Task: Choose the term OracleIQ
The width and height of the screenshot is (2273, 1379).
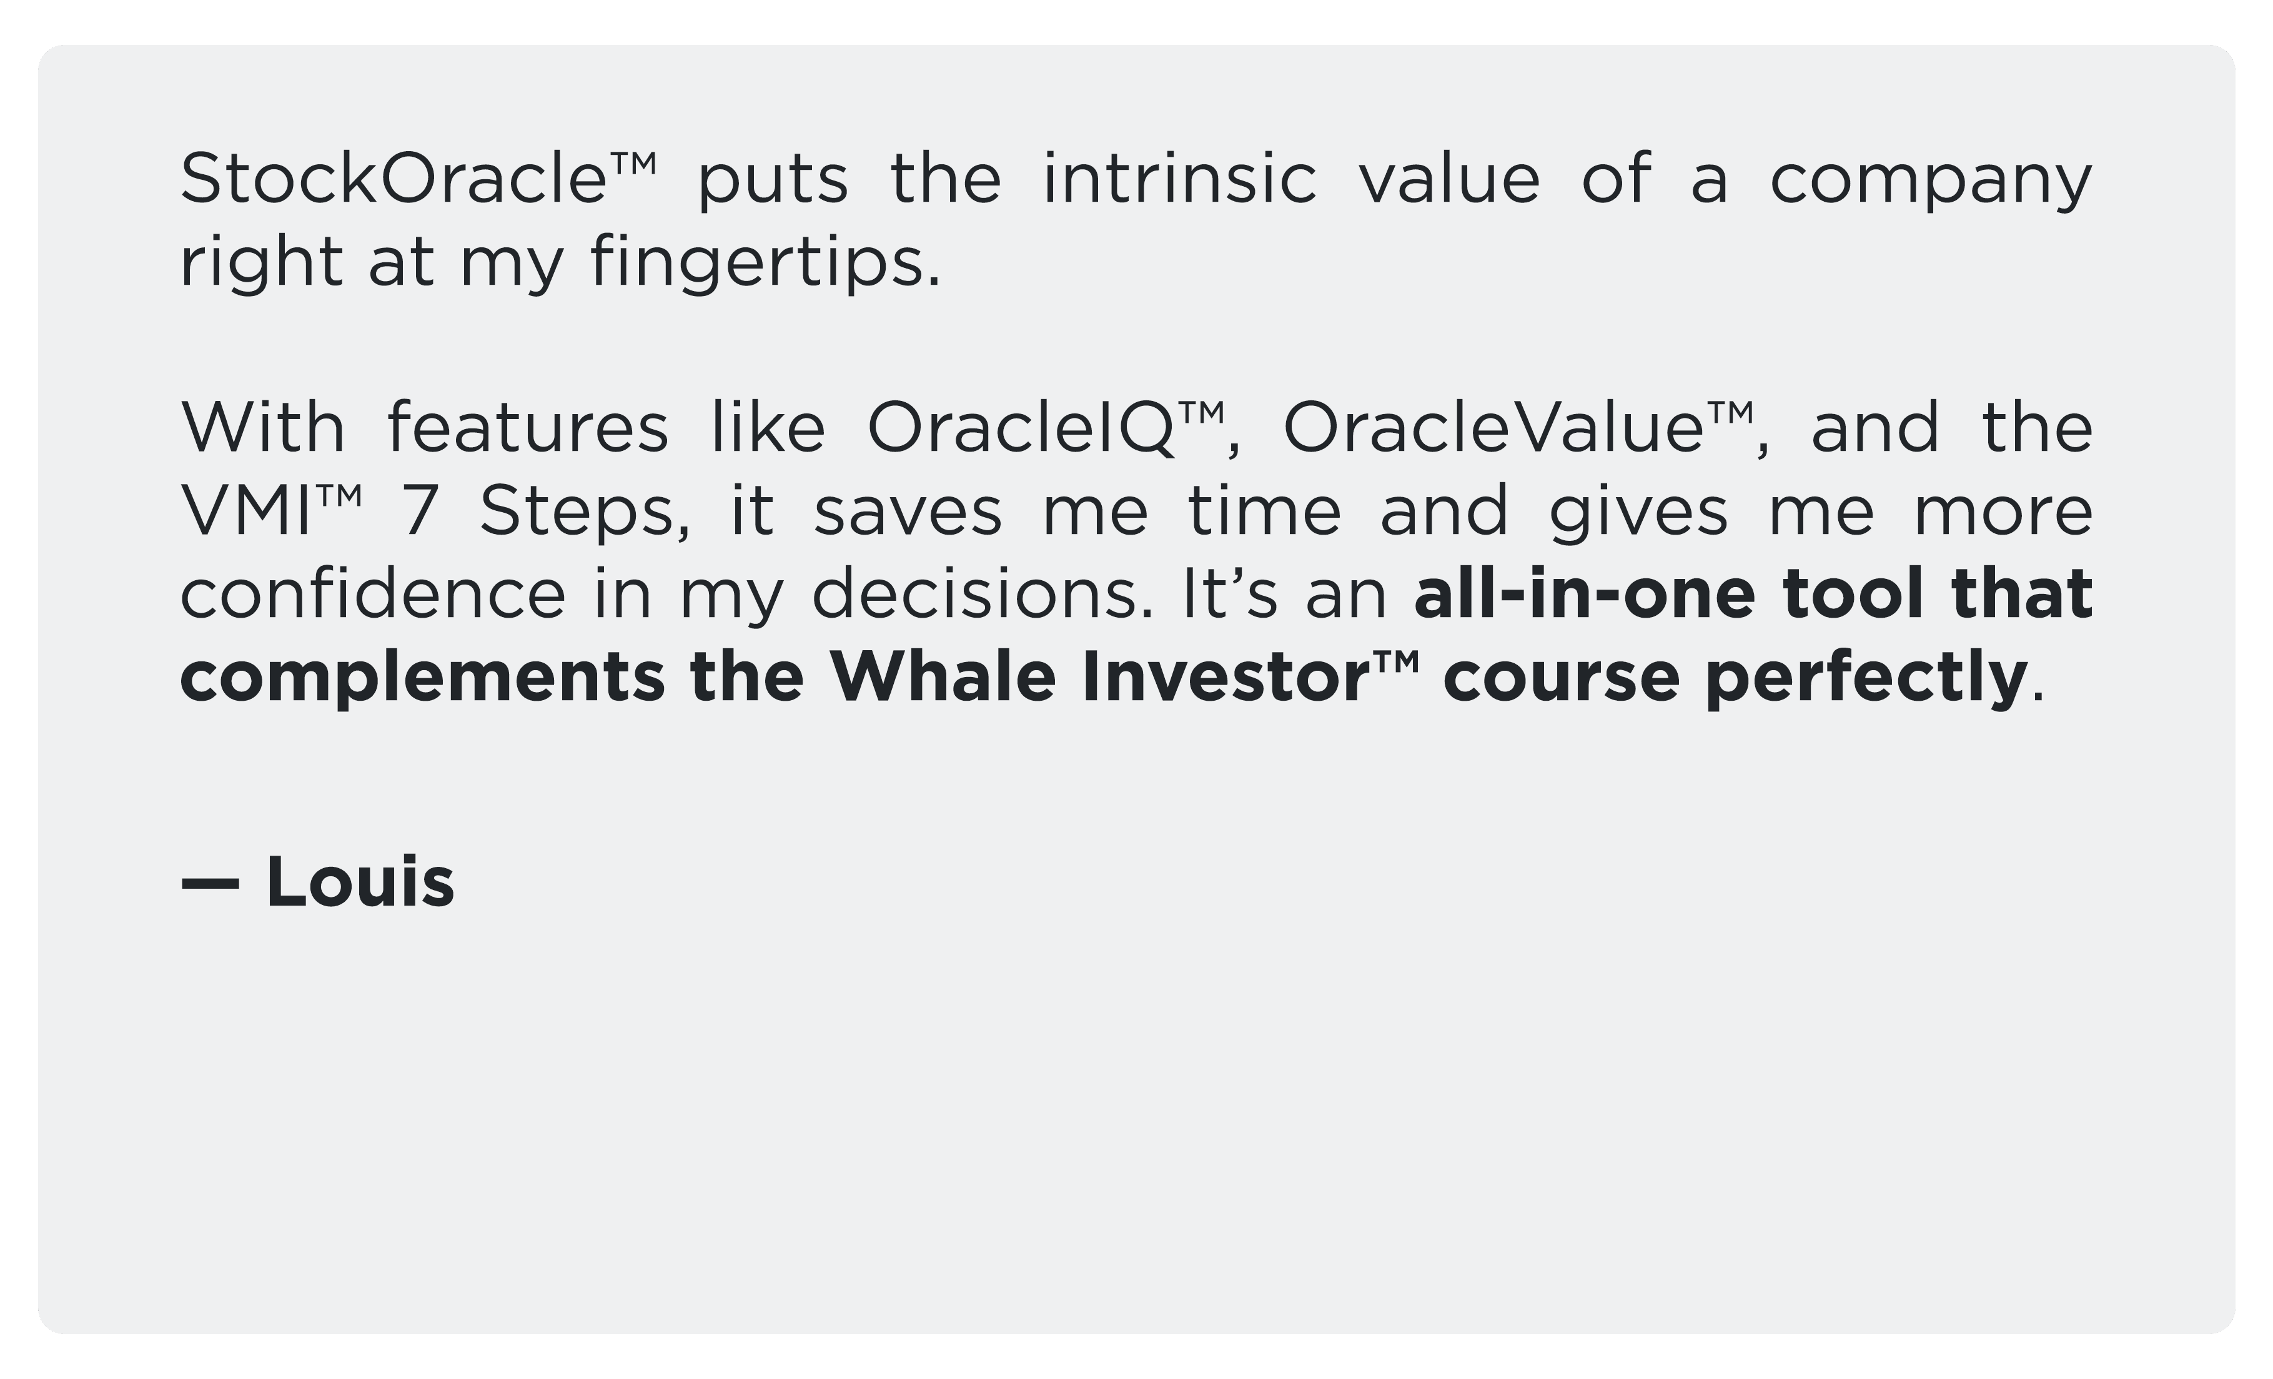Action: click(x=1022, y=429)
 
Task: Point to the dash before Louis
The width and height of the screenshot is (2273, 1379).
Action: click(x=210, y=884)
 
